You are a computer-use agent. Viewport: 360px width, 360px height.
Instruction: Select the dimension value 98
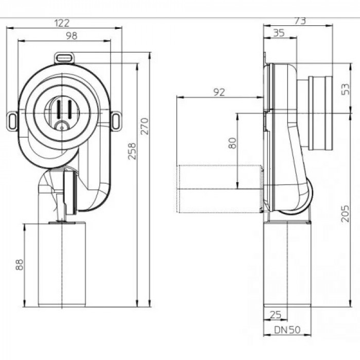64,35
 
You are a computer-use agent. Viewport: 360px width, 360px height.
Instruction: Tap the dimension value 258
132,151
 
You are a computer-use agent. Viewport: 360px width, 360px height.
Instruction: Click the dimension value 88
20,264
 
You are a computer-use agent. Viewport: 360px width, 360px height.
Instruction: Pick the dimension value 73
299,21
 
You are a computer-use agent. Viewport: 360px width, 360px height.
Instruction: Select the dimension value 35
280,33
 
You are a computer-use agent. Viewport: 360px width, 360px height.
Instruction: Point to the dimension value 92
219,92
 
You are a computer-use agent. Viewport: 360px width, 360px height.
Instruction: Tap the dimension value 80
232,142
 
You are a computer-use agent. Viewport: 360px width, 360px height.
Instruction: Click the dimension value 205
346,211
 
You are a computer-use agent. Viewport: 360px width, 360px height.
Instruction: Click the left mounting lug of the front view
12,121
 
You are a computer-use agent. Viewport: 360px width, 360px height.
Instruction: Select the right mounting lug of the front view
117,121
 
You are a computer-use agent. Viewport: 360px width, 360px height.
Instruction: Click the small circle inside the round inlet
62,125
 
